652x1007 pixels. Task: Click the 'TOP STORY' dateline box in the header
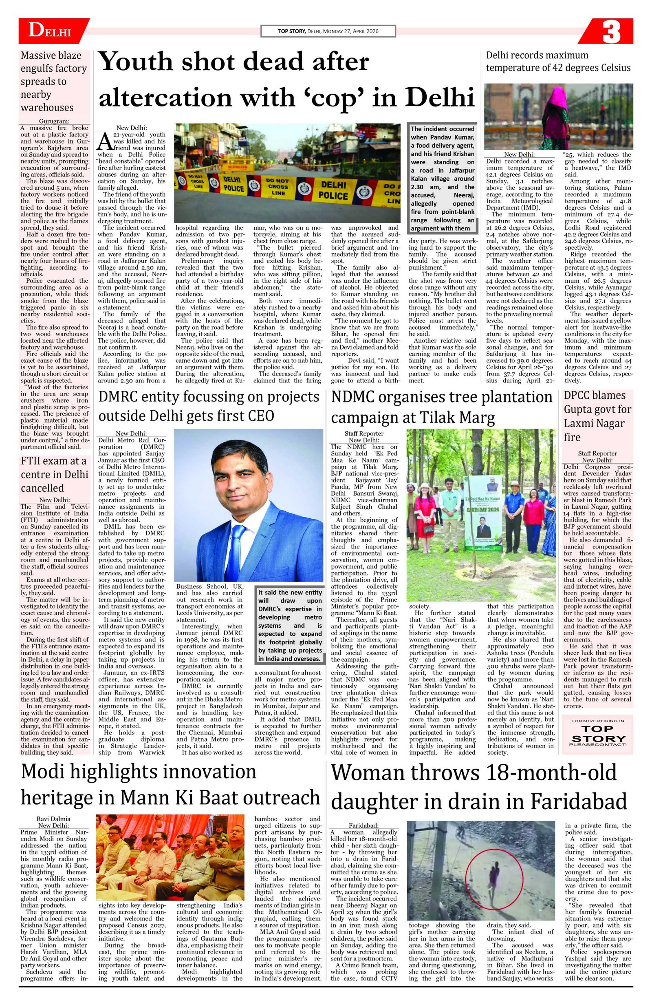click(328, 31)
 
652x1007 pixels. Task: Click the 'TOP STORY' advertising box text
click(597, 734)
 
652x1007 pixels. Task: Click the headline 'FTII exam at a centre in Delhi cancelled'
click(54, 474)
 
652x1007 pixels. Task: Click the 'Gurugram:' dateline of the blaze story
click(54, 121)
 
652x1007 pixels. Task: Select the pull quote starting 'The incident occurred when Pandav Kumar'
click(442, 178)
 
